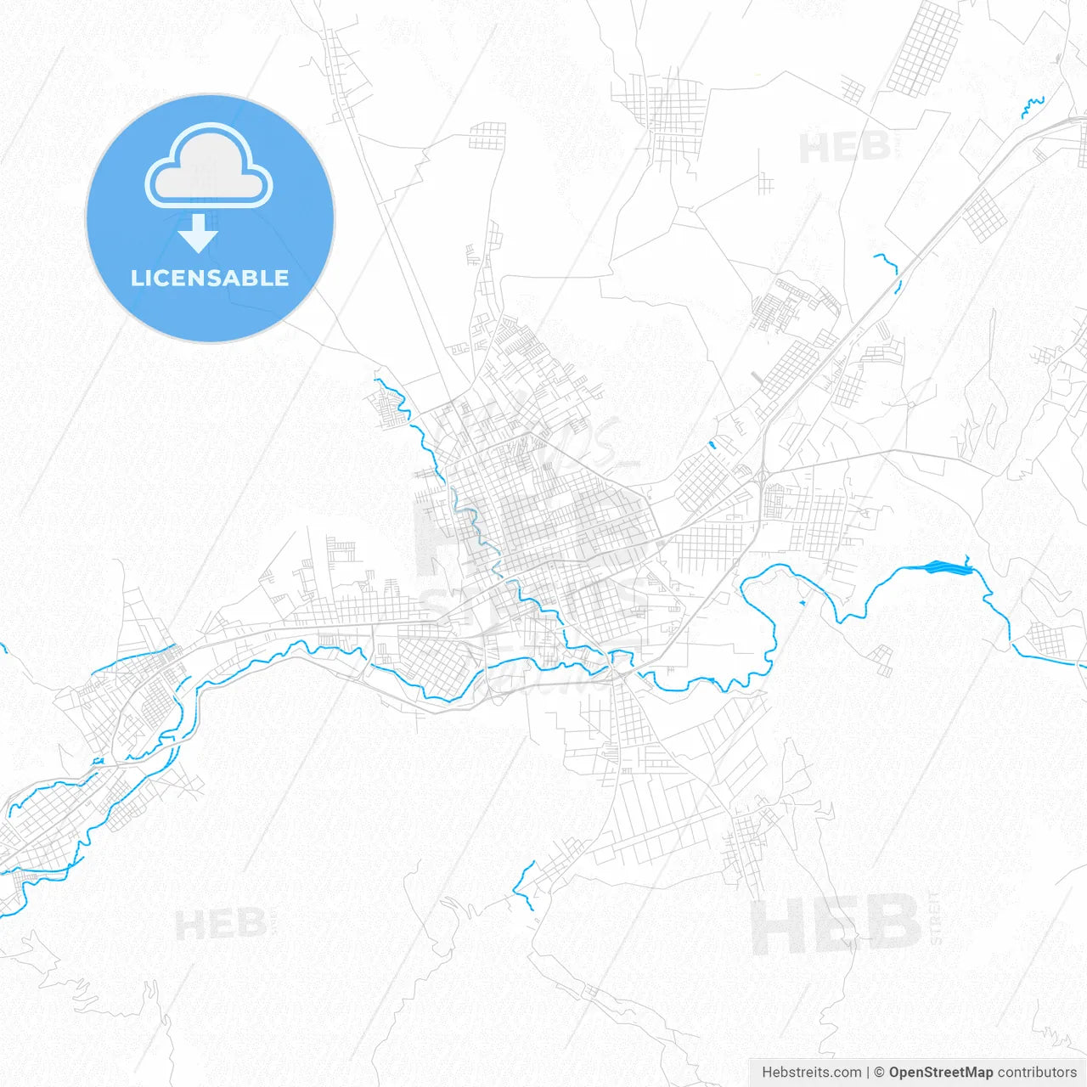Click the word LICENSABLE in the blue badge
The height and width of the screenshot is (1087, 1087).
[x=210, y=278]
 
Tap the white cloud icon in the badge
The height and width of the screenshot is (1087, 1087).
[x=209, y=167]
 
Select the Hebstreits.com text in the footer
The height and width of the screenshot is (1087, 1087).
[x=811, y=1073]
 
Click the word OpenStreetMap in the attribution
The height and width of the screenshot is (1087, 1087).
[x=940, y=1073]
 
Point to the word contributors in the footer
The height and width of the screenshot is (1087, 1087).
[x=1037, y=1073]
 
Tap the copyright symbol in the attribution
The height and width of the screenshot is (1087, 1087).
[x=880, y=1073]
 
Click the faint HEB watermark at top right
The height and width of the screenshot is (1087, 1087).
[x=844, y=148]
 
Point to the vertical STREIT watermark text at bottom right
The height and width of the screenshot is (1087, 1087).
[x=935, y=918]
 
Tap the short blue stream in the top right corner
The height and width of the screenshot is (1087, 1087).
[x=1033, y=106]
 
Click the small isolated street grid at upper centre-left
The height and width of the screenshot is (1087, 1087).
[x=487, y=136]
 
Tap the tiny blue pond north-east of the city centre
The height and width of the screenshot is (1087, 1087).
[x=712, y=443]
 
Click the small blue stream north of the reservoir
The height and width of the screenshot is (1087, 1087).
[x=887, y=262]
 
